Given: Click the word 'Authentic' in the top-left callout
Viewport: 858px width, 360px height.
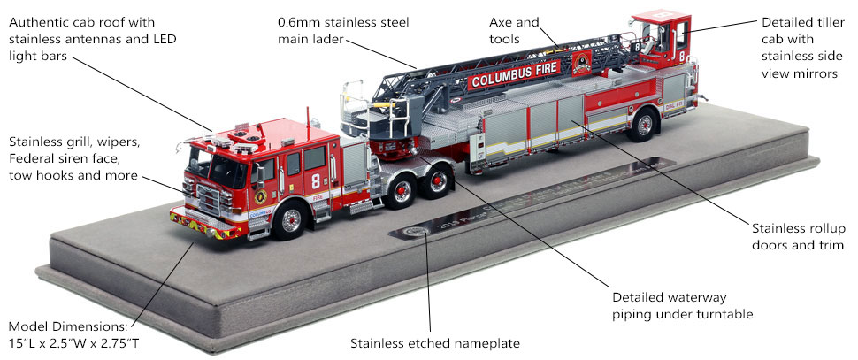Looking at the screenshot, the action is pos(40,21).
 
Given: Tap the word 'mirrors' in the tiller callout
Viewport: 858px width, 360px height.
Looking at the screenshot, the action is pos(815,73).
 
